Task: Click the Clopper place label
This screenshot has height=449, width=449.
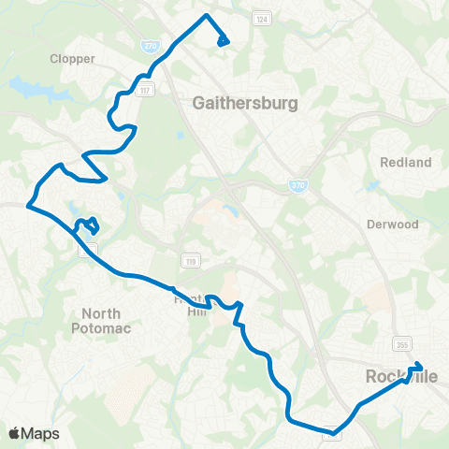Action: point(73,58)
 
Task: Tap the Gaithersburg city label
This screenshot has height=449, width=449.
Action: point(244,103)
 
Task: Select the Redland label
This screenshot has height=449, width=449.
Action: point(406,163)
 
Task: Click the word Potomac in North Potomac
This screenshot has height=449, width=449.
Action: point(101,328)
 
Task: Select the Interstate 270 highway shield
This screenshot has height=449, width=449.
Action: point(150,45)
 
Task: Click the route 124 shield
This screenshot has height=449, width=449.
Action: point(261,20)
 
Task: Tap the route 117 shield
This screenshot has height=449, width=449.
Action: point(147,91)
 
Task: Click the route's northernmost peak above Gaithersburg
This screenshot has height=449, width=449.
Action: point(207,17)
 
